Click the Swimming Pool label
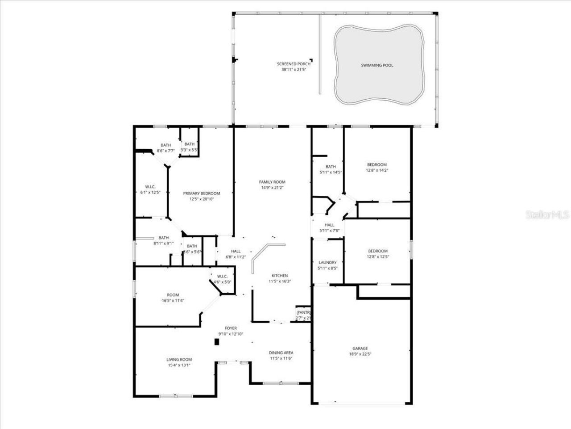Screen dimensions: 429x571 (377, 65)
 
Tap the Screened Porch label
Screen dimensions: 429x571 (293, 64)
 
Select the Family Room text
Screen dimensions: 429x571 (272, 182)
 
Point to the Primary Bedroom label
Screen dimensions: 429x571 (201, 193)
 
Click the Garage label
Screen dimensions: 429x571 (360, 349)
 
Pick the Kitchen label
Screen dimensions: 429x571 (280, 276)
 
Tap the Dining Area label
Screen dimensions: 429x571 (281, 353)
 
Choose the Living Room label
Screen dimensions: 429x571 (179, 359)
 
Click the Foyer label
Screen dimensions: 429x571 (231, 328)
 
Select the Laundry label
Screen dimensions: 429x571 (327, 262)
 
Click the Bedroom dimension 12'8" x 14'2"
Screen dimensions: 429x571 (377, 170)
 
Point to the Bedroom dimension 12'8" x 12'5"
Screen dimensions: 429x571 (377, 257)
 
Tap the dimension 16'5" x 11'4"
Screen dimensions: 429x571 (173, 300)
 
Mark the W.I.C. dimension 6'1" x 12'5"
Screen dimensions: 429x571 (150, 192)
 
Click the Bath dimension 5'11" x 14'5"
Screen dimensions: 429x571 (331, 172)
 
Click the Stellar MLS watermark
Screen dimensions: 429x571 (547, 215)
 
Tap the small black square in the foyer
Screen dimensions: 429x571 (217, 342)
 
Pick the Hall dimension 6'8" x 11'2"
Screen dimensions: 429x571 (236, 257)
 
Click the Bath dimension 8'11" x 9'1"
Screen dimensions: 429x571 (163, 244)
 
